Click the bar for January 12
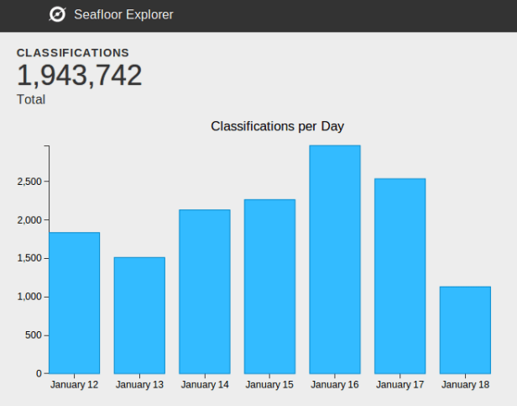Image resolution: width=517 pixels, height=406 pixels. tap(74, 303)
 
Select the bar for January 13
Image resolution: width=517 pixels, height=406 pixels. tap(139, 315)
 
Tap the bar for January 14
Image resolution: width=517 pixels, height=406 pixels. tap(204, 291)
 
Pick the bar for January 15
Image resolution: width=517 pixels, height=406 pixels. tap(269, 286)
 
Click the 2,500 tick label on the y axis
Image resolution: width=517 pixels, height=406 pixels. tap(29, 182)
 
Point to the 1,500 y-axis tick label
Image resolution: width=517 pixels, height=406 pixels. tap(29, 258)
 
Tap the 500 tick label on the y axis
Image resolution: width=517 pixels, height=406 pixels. tap(34, 335)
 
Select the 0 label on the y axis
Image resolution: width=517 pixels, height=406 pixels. tap(39, 373)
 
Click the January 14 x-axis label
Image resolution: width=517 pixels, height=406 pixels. tap(204, 385)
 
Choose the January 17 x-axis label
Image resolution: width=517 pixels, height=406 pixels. tap(399, 385)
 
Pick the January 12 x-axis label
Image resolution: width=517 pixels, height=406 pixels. tap(74, 385)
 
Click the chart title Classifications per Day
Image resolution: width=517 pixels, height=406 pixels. tap(277, 126)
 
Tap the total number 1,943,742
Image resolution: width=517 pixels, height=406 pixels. tap(79, 76)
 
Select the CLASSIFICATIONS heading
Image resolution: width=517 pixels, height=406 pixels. tap(73, 52)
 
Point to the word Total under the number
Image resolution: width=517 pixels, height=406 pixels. tap(31, 99)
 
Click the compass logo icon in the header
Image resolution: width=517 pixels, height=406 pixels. tap(58, 14)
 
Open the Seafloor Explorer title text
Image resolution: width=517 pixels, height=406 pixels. tap(123, 14)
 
